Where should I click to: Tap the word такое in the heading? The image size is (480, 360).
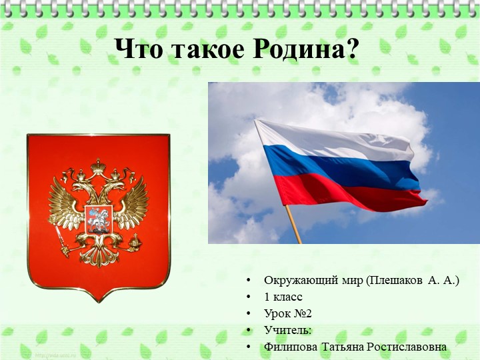click(x=211, y=48)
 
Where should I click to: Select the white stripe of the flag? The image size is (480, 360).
click(x=333, y=140)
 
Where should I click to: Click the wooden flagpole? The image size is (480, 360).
click(x=293, y=223)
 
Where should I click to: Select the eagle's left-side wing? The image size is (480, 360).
click(x=64, y=203)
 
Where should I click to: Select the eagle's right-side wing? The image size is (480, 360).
click(x=133, y=203)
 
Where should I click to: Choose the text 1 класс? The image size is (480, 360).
click(x=283, y=297)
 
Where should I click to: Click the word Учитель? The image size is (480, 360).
click(x=287, y=330)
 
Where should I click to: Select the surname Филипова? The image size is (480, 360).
click(x=291, y=347)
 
